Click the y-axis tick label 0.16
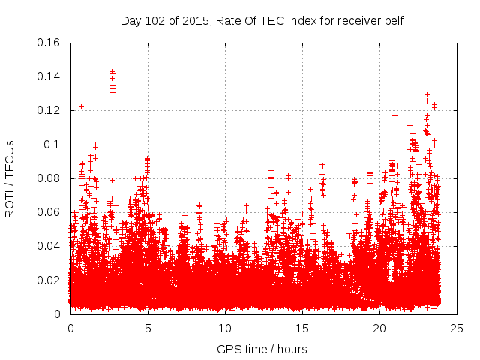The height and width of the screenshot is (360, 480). (49, 43)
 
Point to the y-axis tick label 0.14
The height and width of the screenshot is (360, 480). (49, 76)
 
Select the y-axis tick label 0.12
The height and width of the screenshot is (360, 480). (49, 110)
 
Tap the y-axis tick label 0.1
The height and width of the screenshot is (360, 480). (52, 145)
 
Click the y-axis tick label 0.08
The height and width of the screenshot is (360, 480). (49, 178)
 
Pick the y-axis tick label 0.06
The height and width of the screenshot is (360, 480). (49, 212)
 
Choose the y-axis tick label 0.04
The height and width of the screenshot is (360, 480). (49, 246)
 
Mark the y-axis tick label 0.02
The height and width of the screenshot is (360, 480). (49, 280)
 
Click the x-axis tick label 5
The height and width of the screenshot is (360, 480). (148, 328)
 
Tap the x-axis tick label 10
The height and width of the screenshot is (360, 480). (225, 328)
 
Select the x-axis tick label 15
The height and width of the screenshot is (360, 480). (302, 328)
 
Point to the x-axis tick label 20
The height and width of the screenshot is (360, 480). (379, 328)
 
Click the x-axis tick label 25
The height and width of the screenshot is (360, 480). (457, 328)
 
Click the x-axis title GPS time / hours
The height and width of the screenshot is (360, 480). (262, 349)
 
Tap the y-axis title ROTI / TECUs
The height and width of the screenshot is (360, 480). (10, 178)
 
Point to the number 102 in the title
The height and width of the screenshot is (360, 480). (153, 20)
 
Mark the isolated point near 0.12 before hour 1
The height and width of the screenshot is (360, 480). (81, 106)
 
